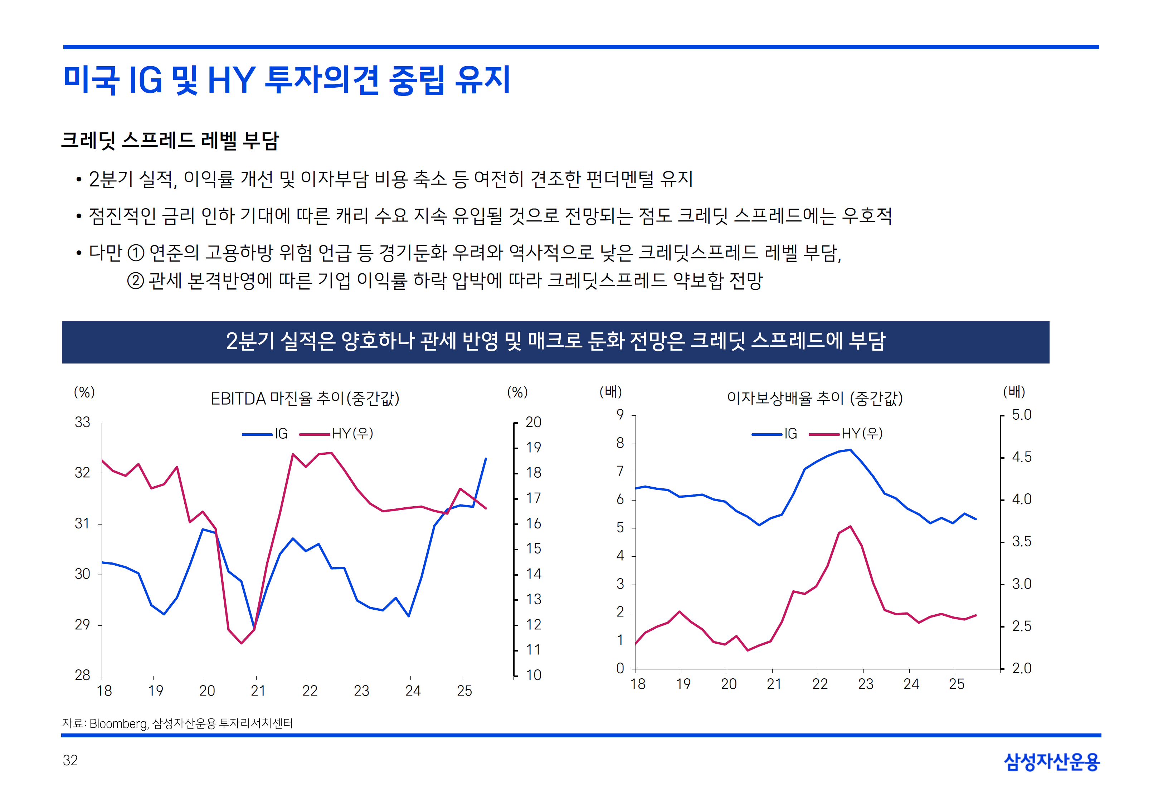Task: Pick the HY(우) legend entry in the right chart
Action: pos(846,434)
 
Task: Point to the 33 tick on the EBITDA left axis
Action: pos(83,423)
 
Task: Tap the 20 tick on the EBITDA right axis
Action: pos(533,423)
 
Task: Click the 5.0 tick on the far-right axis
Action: pos(1021,415)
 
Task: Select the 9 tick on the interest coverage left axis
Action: pos(620,415)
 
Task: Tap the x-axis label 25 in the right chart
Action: pos(956,684)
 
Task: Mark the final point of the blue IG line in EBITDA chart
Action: pos(486,458)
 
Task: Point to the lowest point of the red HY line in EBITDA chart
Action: pos(242,643)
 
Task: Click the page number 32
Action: pos(70,761)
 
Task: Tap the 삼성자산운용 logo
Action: pos(1052,762)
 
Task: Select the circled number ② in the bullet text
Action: pos(135,280)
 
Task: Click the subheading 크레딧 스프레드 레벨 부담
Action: pos(170,140)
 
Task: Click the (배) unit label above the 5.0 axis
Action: pos(1014,391)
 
